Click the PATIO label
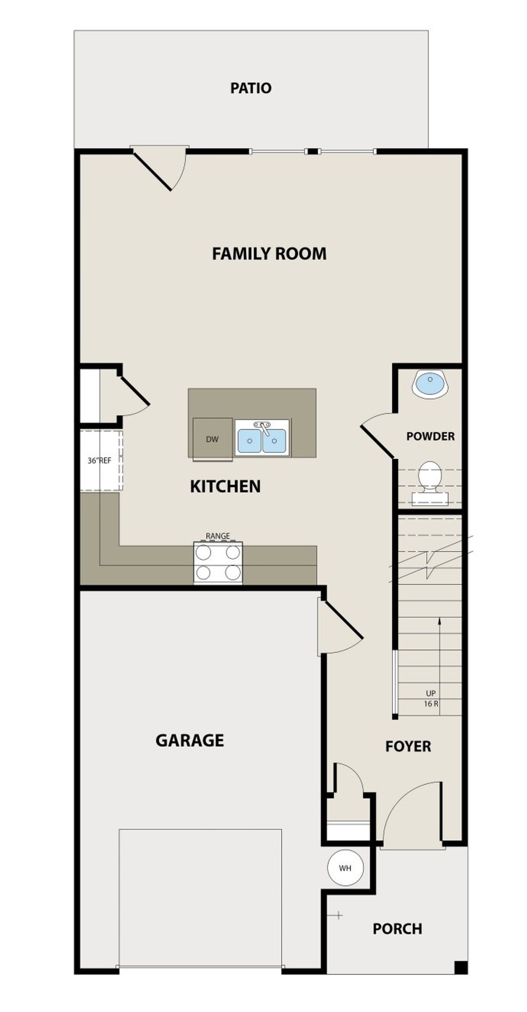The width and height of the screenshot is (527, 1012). pyautogui.click(x=251, y=88)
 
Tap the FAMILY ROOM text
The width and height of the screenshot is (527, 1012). pyautogui.click(x=269, y=253)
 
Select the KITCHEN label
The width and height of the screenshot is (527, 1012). pyautogui.click(x=225, y=486)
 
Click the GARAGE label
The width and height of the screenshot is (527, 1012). pyautogui.click(x=190, y=740)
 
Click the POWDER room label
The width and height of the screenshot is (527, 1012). pyautogui.click(x=430, y=436)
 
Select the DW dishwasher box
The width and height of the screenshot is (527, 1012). pyautogui.click(x=212, y=439)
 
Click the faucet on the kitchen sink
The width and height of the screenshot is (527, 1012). pyautogui.click(x=263, y=427)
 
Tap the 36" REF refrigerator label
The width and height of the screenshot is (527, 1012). pyautogui.click(x=99, y=460)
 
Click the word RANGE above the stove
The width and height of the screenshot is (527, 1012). pyautogui.click(x=217, y=536)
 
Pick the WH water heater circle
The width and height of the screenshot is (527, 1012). pyautogui.click(x=345, y=868)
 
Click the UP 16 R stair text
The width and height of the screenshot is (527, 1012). pyautogui.click(x=431, y=699)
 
